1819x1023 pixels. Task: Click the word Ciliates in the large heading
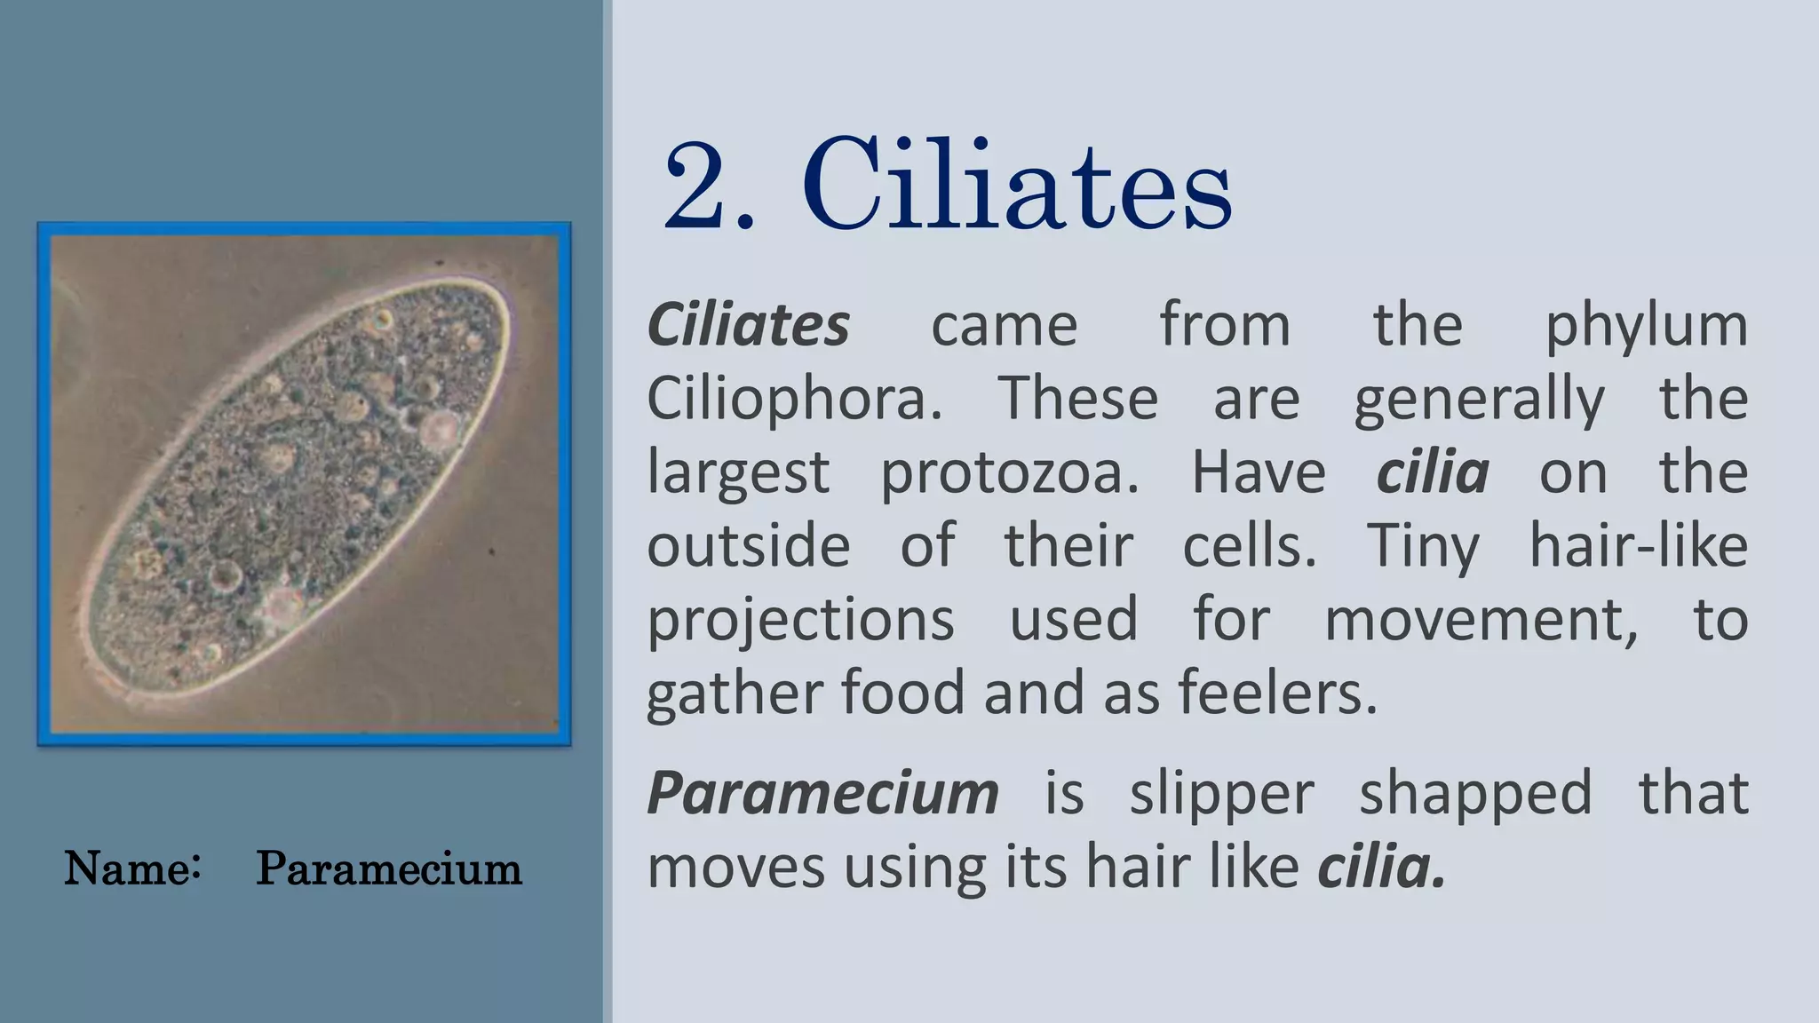tap(1017, 186)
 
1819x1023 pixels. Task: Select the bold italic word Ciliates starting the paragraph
tap(748, 325)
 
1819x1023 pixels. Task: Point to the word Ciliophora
tap(793, 400)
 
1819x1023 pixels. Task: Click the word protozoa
tap(1009, 472)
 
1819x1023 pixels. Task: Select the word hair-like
tap(1638, 545)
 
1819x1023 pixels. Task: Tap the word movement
tap(1481, 619)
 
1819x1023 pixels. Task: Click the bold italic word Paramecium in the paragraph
tap(822, 793)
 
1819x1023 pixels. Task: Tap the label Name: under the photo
tap(131, 868)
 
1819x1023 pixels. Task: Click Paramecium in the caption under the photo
tap(388, 868)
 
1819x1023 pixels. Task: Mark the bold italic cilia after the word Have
tap(1432, 472)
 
